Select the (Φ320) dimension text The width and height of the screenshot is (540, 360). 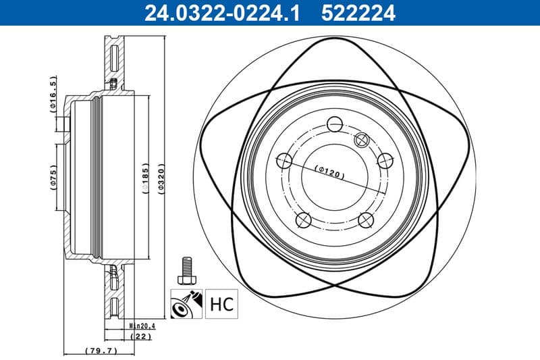pyautogui.click(x=161, y=178)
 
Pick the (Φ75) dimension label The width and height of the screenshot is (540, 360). pyautogui.click(x=54, y=178)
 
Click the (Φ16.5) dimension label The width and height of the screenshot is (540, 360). pyautogui.click(x=53, y=96)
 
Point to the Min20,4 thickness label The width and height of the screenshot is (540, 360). pyautogui.click(x=142, y=326)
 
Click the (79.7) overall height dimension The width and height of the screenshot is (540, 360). pyautogui.click(x=102, y=351)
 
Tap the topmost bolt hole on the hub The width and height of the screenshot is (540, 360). pyautogui.click(x=334, y=124)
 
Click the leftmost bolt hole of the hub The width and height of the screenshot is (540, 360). pyautogui.click(x=284, y=161)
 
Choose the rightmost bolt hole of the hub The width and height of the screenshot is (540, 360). pyautogui.click(x=385, y=161)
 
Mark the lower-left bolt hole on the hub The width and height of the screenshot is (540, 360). pyautogui.click(x=304, y=220)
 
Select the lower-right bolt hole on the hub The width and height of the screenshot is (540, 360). pyautogui.click(x=365, y=220)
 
